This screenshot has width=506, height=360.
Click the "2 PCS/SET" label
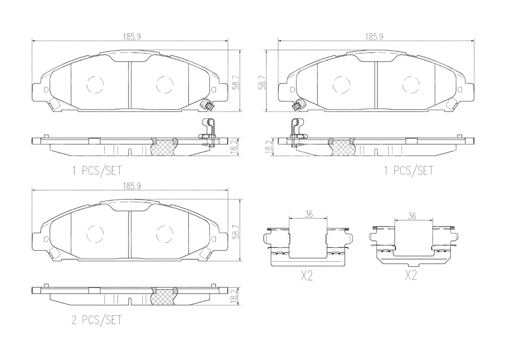(x=97, y=320)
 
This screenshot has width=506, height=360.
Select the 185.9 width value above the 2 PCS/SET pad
(x=132, y=186)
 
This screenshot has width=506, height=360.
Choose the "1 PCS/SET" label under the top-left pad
(x=97, y=171)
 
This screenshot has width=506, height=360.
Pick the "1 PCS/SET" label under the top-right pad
(x=408, y=171)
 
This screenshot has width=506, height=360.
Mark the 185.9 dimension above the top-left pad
(x=132, y=37)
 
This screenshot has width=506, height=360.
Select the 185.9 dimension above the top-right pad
(x=374, y=37)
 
